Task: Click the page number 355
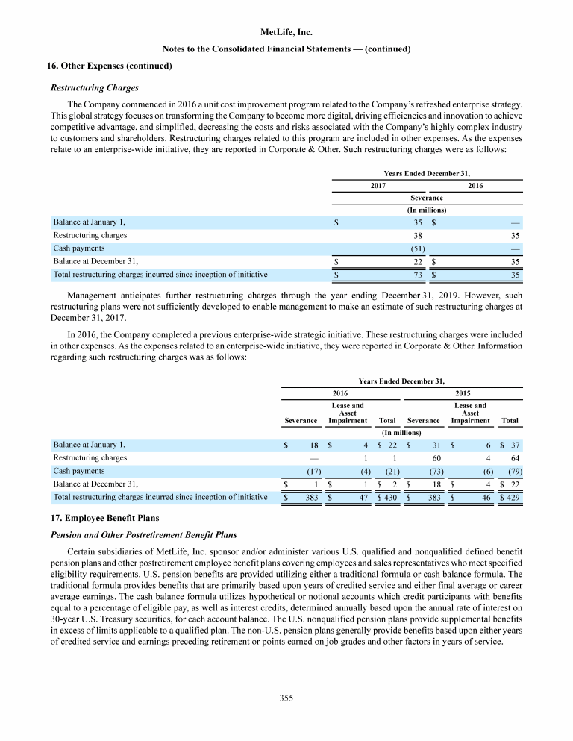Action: (286, 698)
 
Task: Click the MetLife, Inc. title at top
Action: (286, 33)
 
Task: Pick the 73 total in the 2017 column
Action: (419, 274)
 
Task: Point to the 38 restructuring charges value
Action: (419, 234)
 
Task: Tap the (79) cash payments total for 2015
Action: (513, 471)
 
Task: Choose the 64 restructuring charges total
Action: (515, 457)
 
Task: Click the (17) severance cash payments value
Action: (314, 471)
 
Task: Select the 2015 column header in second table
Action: (462, 393)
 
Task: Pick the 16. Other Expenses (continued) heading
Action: (110, 66)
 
